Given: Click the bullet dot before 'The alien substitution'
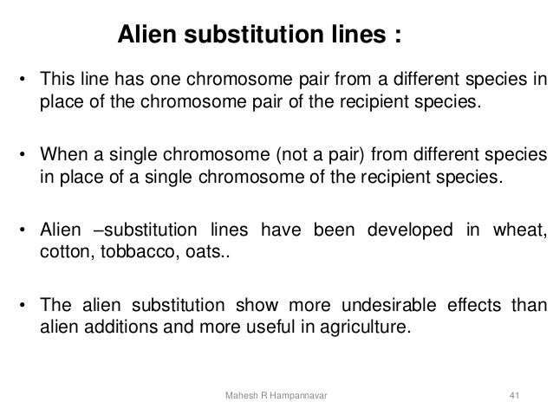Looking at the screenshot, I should coord(22,307).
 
